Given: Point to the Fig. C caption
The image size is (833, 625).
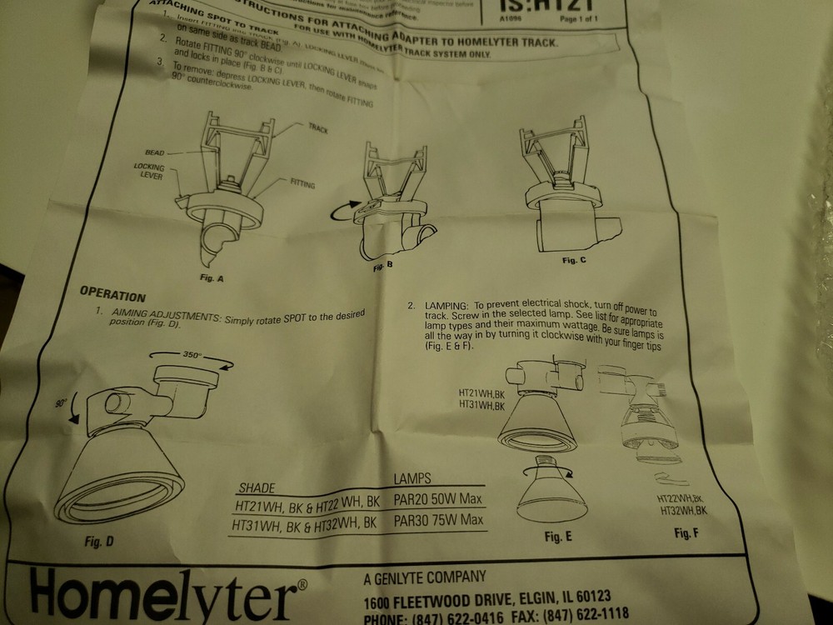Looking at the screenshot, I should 574,261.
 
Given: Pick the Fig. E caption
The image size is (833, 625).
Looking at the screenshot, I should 557,537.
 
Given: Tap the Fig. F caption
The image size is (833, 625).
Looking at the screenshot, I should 686,532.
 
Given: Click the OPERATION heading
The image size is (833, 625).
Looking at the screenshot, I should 112,295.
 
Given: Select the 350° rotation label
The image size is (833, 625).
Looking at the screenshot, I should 192,354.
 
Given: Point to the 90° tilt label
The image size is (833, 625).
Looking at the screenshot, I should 61,403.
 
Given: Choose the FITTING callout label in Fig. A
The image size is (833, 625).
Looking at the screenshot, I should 302,182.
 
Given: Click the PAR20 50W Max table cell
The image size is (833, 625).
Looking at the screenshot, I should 438,500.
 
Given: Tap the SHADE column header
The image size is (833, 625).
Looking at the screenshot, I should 257,487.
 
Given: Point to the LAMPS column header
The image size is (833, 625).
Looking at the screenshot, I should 412,477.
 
